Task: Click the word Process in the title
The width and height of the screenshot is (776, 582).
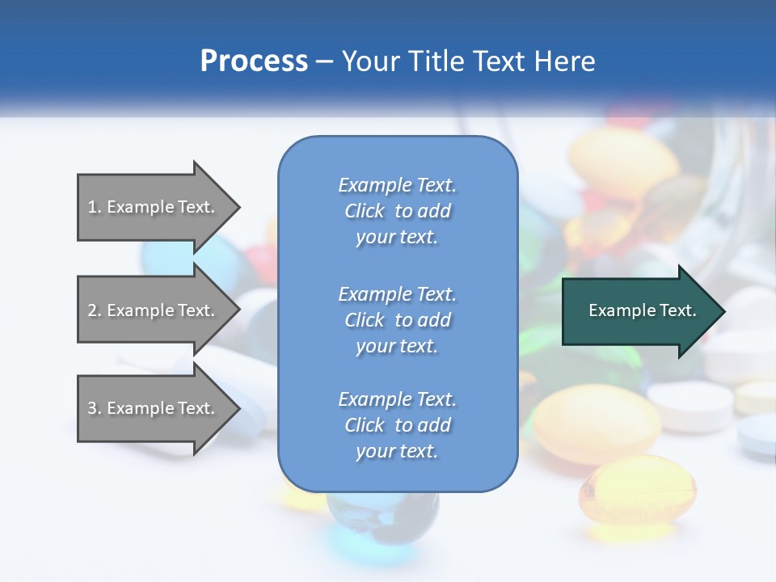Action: (254, 61)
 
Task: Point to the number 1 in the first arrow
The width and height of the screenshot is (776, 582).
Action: (93, 207)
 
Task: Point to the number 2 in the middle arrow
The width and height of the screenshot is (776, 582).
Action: (93, 310)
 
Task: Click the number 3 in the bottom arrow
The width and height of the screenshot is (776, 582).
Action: (93, 408)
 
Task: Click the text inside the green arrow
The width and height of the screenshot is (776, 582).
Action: (643, 310)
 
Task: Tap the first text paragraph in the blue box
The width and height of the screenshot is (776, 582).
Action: (397, 211)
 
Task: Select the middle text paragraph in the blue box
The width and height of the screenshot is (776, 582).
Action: (397, 319)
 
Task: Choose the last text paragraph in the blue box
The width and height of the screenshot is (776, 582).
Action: (397, 425)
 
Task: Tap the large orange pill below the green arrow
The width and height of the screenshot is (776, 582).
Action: (597, 424)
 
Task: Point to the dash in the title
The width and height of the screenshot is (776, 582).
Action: (325, 61)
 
